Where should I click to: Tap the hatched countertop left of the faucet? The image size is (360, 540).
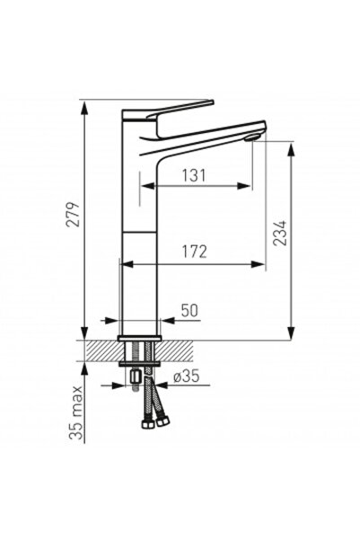100,350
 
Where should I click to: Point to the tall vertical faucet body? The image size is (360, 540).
138,234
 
